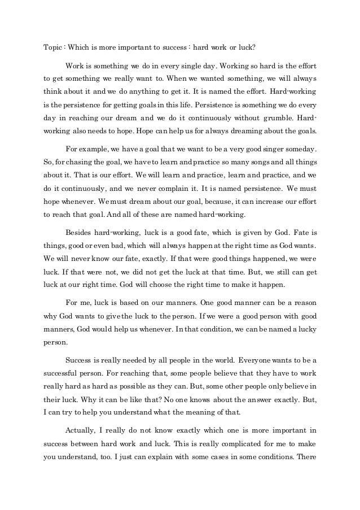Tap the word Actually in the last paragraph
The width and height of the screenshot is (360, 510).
coord(82,428)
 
